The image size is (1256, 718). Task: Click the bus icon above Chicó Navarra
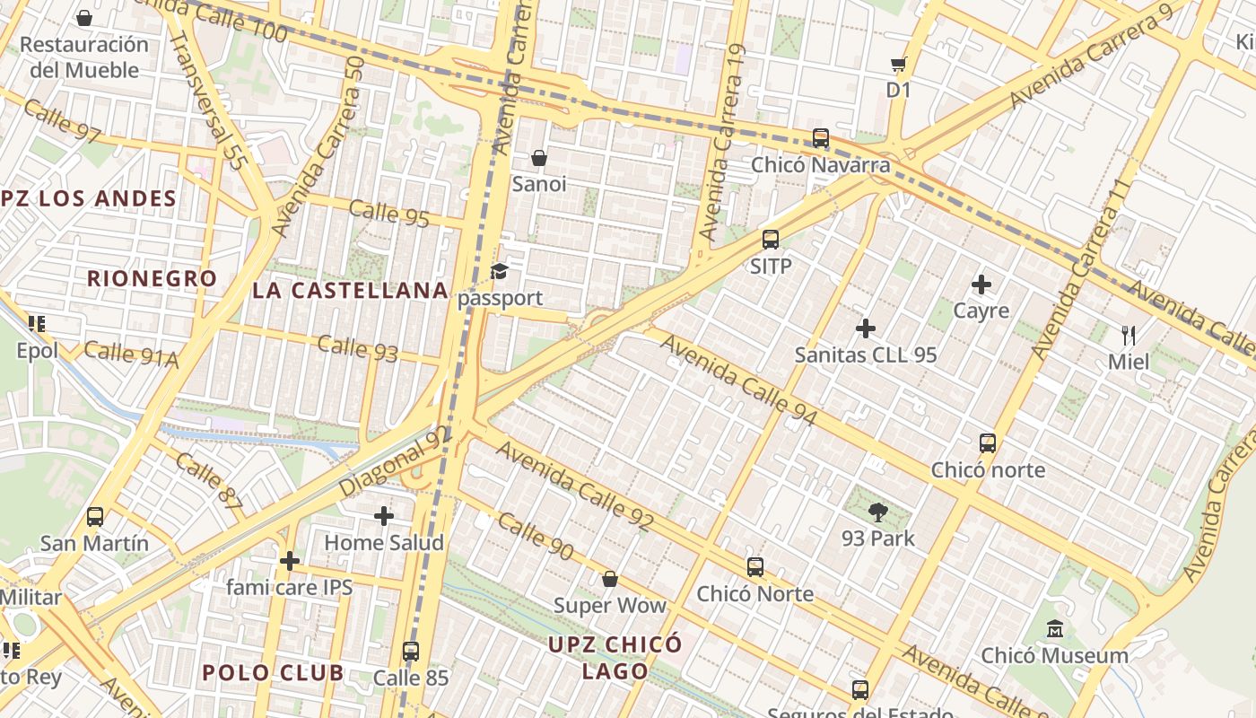[x=820, y=138]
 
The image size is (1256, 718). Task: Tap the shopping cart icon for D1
[x=898, y=64]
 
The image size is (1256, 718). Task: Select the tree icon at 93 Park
[x=877, y=512]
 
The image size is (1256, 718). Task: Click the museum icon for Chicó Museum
[x=1054, y=629]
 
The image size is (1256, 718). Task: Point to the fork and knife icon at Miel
[x=1129, y=337]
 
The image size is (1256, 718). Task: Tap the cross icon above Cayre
[x=981, y=285]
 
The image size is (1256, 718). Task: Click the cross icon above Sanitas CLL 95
[x=865, y=328]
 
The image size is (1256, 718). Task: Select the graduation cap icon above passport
[x=500, y=271]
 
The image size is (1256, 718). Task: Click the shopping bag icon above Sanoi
[x=538, y=158]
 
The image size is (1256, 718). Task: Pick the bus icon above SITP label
[x=770, y=240]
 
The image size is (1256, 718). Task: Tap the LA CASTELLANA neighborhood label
[x=350, y=290]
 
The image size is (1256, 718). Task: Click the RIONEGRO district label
[x=152, y=278]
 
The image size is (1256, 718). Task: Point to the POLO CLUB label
[x=272, y=672]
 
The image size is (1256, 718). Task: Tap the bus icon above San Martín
[x=94, y=517]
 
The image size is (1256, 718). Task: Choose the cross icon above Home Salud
[x=384, y=516]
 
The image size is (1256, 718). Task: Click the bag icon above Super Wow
[x=609, y=579]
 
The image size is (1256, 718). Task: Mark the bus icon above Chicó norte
[x=987, y=443]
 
